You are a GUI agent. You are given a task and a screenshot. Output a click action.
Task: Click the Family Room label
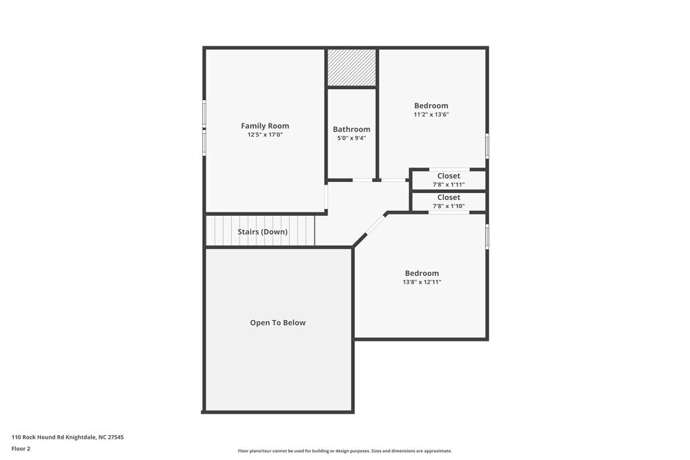265,126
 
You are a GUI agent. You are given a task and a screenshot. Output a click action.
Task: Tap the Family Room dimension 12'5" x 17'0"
265,135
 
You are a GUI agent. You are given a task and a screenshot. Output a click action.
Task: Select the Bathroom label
351,129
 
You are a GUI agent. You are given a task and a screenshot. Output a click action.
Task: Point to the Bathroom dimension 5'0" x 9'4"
351,138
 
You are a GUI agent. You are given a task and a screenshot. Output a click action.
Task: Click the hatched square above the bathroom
351,68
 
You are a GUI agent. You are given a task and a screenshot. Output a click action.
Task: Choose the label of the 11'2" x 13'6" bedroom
431,106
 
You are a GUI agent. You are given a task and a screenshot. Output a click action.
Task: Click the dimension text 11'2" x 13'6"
431,114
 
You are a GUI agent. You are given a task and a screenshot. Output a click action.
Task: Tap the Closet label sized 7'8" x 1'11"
448,176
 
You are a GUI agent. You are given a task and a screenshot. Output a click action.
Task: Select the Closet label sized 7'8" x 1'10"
448,197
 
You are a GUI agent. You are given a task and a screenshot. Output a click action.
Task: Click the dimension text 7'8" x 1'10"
448,206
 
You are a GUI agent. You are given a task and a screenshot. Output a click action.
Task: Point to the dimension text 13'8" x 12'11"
422,282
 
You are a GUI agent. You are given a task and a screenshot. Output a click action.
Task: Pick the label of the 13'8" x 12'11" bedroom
422,273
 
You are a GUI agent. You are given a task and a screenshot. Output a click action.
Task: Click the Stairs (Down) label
262,232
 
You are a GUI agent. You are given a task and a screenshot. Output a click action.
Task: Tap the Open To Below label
277,323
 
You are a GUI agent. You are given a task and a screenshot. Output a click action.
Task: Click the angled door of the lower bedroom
375,224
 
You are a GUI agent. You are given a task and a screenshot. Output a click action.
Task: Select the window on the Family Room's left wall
204,128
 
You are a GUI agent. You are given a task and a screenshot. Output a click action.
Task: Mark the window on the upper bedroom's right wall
487,146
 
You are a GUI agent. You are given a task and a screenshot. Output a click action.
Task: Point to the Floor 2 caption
21,448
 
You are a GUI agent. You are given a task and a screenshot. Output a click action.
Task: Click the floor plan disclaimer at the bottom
344,451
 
